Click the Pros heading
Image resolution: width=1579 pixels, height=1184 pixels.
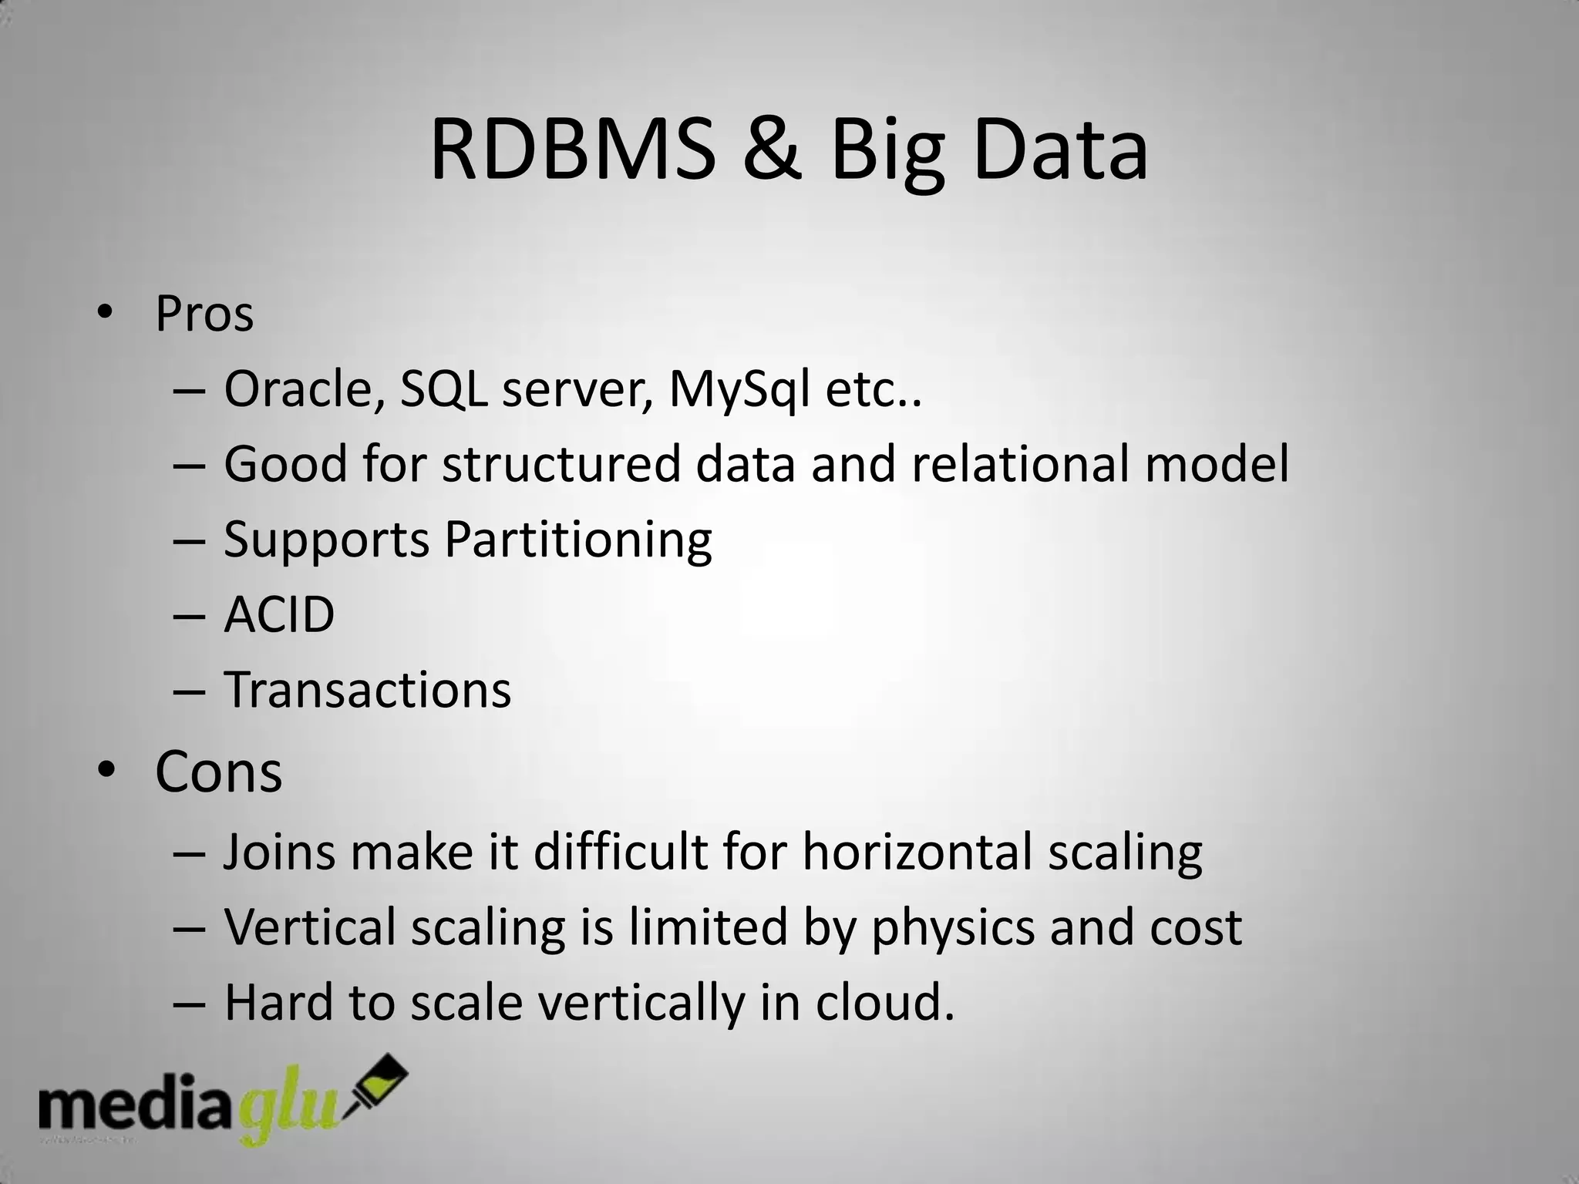(204, 314)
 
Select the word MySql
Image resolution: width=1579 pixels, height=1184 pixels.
(739, 391)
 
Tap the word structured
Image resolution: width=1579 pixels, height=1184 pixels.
(562, 464)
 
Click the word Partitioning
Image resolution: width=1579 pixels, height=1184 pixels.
(577, 540)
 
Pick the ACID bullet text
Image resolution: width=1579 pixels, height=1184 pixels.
(279, 615)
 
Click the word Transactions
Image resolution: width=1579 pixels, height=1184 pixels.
(367, 690)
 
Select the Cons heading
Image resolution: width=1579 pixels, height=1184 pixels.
(218, 772)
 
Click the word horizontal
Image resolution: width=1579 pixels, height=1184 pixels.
(917, 853)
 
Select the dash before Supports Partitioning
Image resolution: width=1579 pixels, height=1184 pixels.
(189, 540)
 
